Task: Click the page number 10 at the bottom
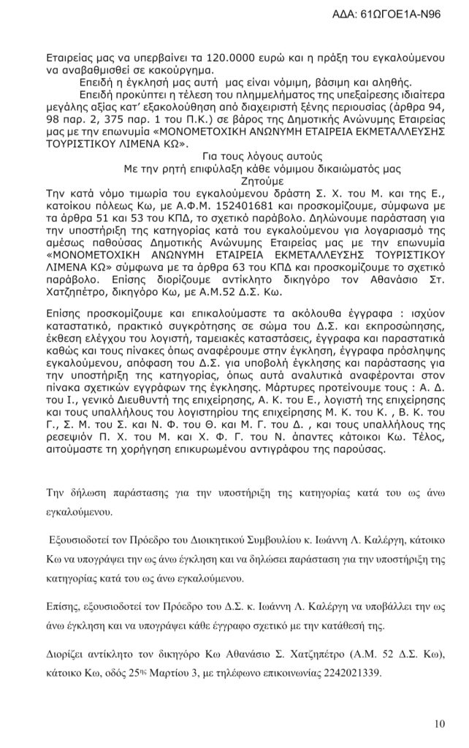coord(438,724)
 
